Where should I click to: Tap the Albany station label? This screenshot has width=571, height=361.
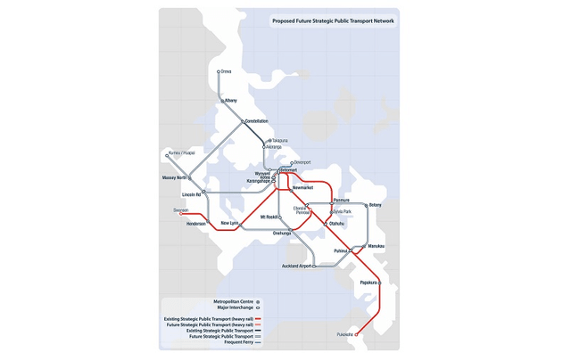(x=231, y=101)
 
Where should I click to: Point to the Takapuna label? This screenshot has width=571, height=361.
(x=279, y=141)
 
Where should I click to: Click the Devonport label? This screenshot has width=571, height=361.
(x=302, y=162)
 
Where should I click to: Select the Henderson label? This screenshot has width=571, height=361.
(x=196, y=225)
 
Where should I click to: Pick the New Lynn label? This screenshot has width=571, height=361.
(x=229, y=223)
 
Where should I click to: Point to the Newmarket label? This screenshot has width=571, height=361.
(x=302, y=188)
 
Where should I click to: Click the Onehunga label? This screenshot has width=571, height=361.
(x=282, y=233)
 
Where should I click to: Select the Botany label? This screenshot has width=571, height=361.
(x=375, y=206)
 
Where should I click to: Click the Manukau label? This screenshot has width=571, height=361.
(x=376, y=246)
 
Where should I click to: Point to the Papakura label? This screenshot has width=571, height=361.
(x=368, y=283)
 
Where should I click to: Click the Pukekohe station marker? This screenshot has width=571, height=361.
(x=357, y=334)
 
